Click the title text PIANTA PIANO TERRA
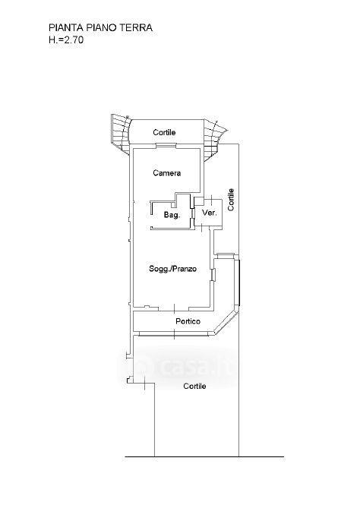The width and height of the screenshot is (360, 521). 101,27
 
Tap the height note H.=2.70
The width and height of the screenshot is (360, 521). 66,40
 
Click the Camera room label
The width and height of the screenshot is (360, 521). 167,173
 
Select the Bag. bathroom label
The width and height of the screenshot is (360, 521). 172,215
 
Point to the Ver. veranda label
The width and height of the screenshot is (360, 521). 210,213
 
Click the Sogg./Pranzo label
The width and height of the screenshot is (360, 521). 173,269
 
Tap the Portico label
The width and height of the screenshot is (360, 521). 188,321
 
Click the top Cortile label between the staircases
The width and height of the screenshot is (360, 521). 164,132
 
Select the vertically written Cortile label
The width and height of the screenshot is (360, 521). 231,199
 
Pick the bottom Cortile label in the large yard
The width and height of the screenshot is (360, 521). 194,386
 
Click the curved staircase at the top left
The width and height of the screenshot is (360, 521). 119,133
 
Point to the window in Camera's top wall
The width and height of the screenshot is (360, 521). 166,145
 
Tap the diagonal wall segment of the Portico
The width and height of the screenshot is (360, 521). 226,322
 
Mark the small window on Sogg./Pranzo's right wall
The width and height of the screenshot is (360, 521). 213,275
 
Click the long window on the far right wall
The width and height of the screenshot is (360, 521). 237,283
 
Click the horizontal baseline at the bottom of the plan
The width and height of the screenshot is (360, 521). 204,457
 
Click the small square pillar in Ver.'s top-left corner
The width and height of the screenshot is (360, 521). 198,201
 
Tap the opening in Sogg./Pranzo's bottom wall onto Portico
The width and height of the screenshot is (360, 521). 173,308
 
